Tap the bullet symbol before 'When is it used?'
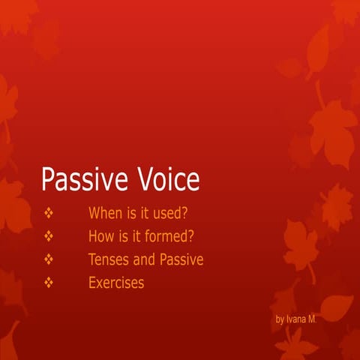pos(49,213)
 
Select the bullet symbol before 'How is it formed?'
pos(49,236)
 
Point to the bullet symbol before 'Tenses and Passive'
pos(49,259)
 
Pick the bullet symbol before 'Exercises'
pos(49,283)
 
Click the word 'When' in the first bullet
pos(105,213)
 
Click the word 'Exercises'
pos(116,283)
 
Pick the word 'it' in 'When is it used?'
pos(146,213)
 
